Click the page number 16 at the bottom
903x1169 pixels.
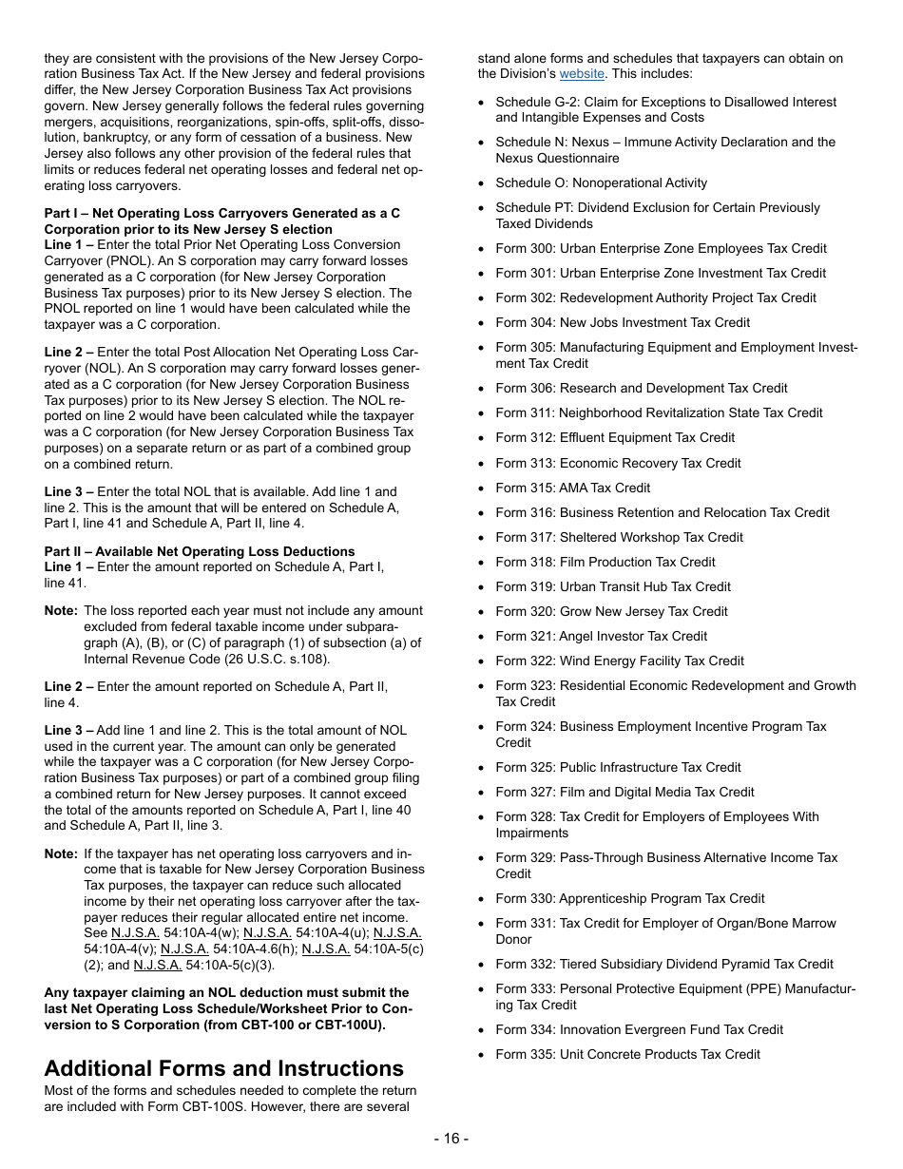tap(451, 1139)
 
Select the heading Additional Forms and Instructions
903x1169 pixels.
tap(223, 1067)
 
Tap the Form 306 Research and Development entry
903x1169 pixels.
tap(641, 388)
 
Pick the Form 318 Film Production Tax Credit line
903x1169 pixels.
tap(605, 562)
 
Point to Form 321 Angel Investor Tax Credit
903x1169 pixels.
tap(601, 636)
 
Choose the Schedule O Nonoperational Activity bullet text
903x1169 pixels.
tap(601, 182)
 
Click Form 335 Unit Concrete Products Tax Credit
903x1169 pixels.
tap(627, 1054)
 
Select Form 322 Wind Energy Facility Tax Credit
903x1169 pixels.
tap(619, 661)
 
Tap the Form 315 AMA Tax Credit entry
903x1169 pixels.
tap(572, 488)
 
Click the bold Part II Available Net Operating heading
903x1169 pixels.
tap(200, 551)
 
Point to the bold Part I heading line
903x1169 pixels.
tap(221, 213)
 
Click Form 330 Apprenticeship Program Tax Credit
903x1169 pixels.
tap(629, 898)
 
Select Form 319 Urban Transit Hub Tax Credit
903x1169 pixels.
tap(612, 586)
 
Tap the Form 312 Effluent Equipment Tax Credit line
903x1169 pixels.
tap(615, 437)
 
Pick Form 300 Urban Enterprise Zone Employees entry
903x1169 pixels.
tap(661, 248)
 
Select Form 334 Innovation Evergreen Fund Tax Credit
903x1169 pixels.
tap(639, 1029)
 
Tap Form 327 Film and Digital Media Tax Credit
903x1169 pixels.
tap(624, 792)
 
